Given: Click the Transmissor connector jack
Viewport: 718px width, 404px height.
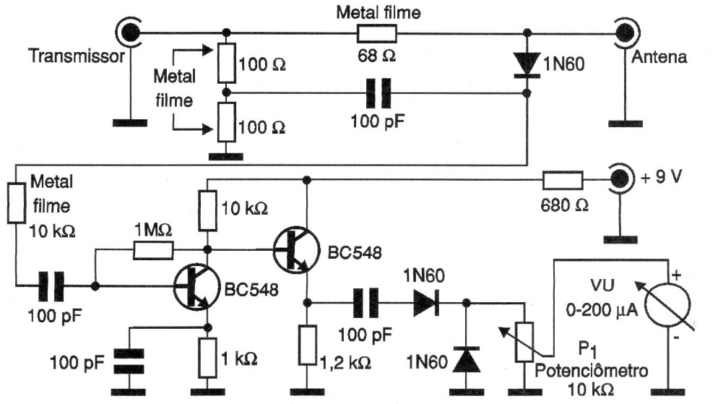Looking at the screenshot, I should tap(129, 33).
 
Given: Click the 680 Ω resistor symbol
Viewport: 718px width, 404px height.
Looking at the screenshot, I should tap(563, 180).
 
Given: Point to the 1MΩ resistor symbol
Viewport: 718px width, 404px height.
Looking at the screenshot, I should tap(153, 250).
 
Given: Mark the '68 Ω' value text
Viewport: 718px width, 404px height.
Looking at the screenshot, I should tap(376, 56).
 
